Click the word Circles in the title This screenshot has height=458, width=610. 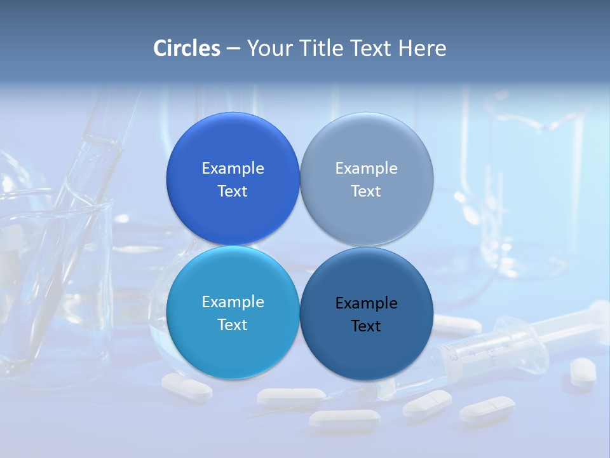click(x=187, y=48)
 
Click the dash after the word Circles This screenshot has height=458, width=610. click(x=233, y=49)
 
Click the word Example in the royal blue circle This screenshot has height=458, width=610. click(x=233, y=169)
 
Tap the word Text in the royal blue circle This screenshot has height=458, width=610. click(x=233, y=191)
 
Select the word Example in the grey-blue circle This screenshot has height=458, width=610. click(x=366, y=169)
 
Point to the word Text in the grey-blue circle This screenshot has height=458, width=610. click(x=366, y=191)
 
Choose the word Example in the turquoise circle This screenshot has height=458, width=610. click(x=233, y=302)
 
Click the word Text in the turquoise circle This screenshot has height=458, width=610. click(x=233, y=325)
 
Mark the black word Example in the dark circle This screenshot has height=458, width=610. click(x=366, y=303)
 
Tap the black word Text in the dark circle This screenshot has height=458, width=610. click(x=366, y=326)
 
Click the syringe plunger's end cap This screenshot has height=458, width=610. click(x=599, y=312)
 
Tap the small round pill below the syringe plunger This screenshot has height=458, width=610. click(x=583, y=370)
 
